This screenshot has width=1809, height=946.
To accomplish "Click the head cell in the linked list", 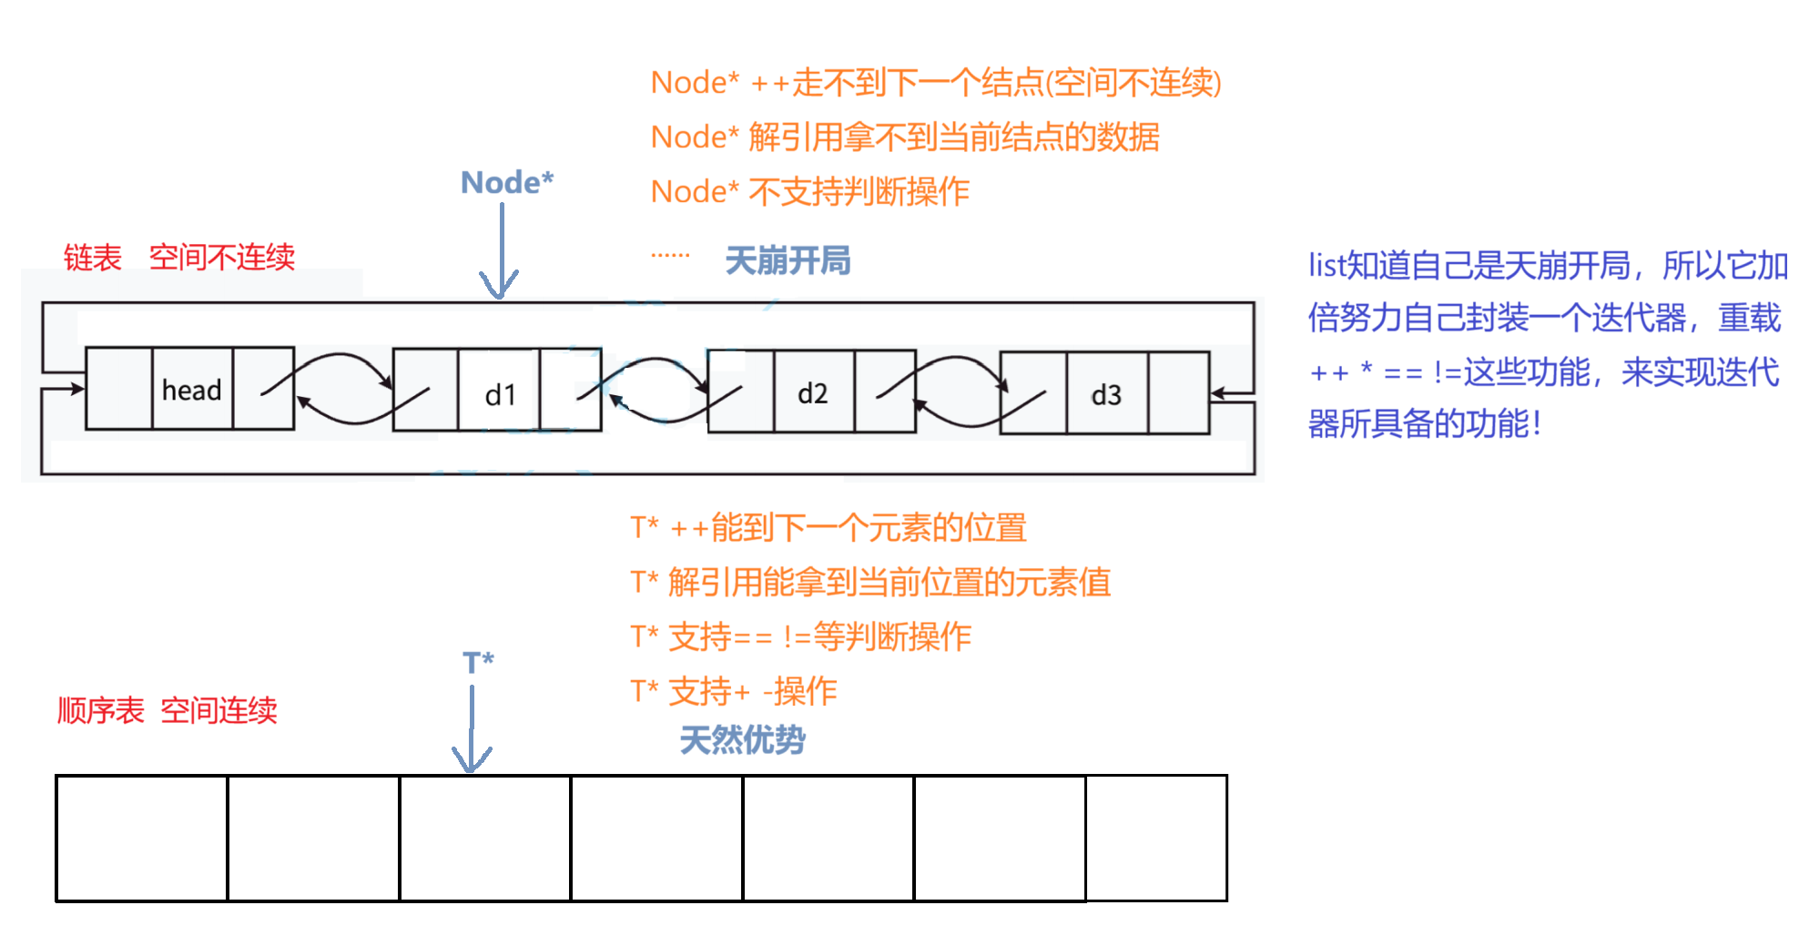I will coord(192,389).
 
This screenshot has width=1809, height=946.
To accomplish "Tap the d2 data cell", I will coord(813,392).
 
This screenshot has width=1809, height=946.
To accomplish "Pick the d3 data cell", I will coord(1106,393).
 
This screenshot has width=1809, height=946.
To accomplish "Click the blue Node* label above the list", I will coord(507,183).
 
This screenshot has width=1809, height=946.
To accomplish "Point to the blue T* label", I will coord(478,662).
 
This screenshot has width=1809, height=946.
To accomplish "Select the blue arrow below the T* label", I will coord(472,728).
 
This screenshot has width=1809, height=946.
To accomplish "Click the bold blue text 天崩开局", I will coord(788,261).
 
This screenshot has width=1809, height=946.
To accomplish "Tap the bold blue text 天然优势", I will coord(742,739).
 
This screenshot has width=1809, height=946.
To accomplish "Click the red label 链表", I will coord(92,258).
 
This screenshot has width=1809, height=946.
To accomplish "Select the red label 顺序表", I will coord(100,710).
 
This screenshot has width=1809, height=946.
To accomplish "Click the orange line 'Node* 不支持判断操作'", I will coord(809,192).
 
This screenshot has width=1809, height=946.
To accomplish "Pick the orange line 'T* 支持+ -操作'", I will coord(733,691).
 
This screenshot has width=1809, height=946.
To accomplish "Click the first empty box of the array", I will coord(141,839).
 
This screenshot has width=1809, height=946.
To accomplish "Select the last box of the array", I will coord(1156,839).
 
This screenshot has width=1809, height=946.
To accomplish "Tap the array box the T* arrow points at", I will coord(485,839).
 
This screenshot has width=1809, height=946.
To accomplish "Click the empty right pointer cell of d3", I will coord(1179,393).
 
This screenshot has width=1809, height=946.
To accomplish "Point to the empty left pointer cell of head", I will coord(118,389).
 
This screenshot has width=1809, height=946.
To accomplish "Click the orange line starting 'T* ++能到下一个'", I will coord(828,527).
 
